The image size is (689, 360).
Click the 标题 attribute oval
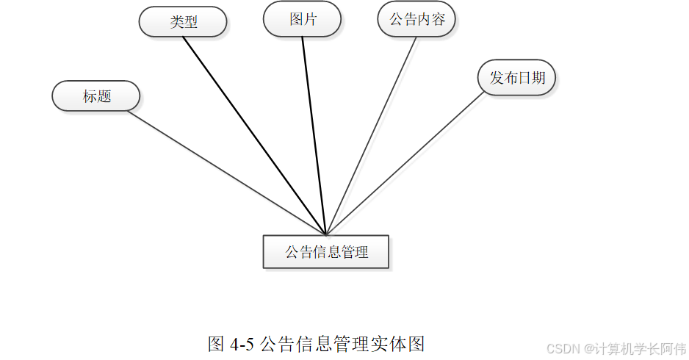(96, 96)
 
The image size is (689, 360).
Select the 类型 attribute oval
(183, 21)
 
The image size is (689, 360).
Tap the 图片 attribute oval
(302, 19)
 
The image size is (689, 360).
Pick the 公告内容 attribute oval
(416, 19)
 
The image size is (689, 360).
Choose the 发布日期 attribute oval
(516, 77)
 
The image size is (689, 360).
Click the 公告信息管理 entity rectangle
(326, 252)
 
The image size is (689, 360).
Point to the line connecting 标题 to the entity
(220, 169)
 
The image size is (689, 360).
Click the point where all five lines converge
(325, 234)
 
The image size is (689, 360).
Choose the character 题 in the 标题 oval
(104, 96)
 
